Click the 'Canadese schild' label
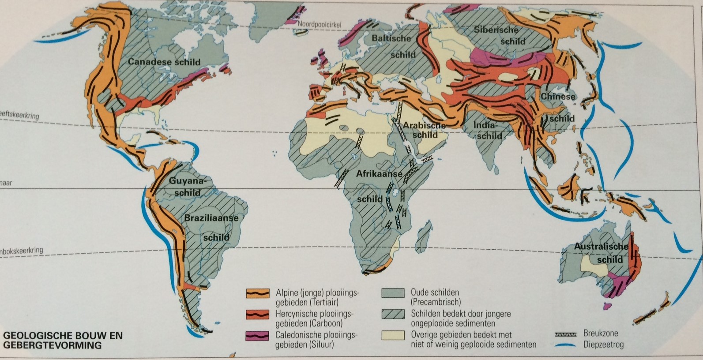[164, 62]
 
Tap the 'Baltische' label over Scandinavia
[391, 38]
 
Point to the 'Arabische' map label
[424, 125]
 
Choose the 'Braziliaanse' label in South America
[211, 218]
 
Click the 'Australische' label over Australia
[601, 247]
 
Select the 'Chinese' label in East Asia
[558, 97]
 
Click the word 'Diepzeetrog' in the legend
[603, 344]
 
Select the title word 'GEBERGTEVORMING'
[52, 345]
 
